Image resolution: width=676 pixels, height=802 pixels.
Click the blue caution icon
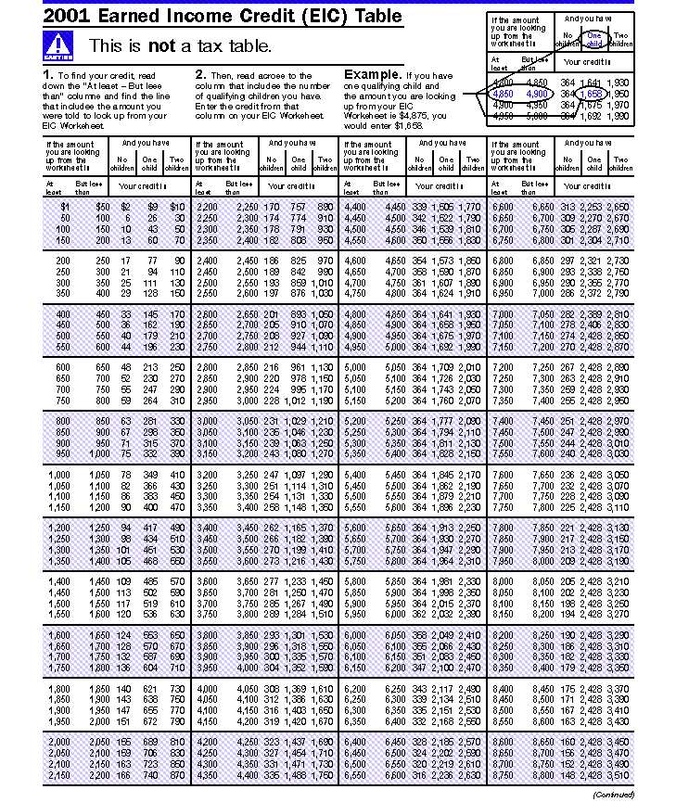click(58, 45)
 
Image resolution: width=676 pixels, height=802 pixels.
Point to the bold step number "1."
click(48, 74)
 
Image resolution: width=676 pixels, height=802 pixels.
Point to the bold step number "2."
click(200, 74)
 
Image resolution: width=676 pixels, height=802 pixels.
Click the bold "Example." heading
click(373, 74)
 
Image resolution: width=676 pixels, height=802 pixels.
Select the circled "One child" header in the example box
click(594, 39)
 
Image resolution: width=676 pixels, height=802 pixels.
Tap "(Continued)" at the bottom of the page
click(613, 795)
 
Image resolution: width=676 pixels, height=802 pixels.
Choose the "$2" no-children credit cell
click(126, 206)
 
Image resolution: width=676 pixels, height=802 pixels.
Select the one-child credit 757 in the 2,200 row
click(297, 206)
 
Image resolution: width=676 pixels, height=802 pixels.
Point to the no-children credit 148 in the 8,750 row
click(565, 775)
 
